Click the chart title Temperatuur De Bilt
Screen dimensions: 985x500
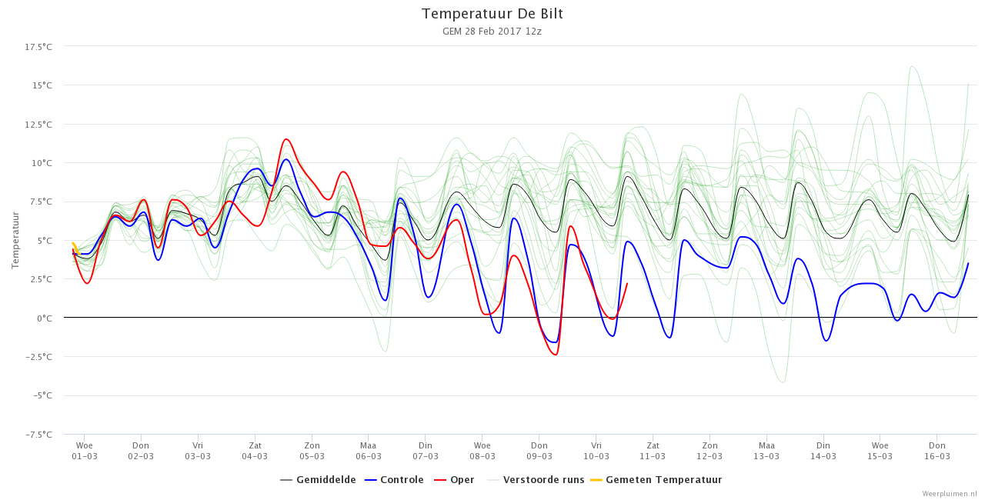pos(492,14)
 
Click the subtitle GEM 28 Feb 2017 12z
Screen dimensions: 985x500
pos(492,32)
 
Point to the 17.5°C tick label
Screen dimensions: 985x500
pos(38,47)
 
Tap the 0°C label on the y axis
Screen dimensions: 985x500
pos(45,318)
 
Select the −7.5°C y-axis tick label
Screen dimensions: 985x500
pos(38,435)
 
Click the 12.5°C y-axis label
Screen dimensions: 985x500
pos(38,125)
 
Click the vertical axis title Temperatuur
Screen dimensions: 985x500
pos(15,240)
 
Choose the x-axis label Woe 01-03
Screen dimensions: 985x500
pos(85,451)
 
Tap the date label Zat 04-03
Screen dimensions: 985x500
pos(255,451)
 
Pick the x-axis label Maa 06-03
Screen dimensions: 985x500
pos(369,451)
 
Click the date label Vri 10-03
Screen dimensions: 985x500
pos(596,451)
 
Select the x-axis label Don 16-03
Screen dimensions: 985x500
pos(937,451)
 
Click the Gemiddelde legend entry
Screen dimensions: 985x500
pos(318,480)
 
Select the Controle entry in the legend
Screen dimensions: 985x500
pos(394,480)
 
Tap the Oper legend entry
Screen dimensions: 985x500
pos(454,480)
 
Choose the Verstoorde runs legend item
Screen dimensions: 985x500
pos(536,480)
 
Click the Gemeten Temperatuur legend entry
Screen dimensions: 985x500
pos(656,480)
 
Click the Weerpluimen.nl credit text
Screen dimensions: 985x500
pos(952,494)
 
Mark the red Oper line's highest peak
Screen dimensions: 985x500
pos(286,139)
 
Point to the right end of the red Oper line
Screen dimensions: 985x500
pos(627,284)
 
